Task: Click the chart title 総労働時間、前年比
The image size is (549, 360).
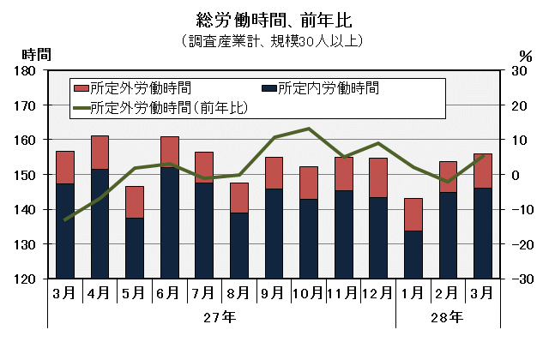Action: [x=274, y=19]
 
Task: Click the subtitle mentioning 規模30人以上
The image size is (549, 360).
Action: [x=274, y=40]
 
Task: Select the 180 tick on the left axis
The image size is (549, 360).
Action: [x=26, y=70]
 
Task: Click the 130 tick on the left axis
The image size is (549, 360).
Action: [x=26, y=244]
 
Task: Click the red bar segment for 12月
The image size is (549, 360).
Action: [x=378, y=178]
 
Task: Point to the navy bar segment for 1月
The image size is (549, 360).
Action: [x=413, y=255]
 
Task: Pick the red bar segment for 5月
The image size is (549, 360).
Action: [x=134, y=202]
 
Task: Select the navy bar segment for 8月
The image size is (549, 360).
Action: [x=238, y=246]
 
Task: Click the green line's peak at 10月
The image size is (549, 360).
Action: [x=308, y=129]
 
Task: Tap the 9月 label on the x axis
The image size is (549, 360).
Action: [x=274, y=293]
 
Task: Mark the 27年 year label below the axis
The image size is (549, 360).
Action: [x=220, y=317]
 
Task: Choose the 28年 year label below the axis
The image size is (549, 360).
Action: [x=448, y=317]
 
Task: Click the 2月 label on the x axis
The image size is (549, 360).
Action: [x=448, y=293]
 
